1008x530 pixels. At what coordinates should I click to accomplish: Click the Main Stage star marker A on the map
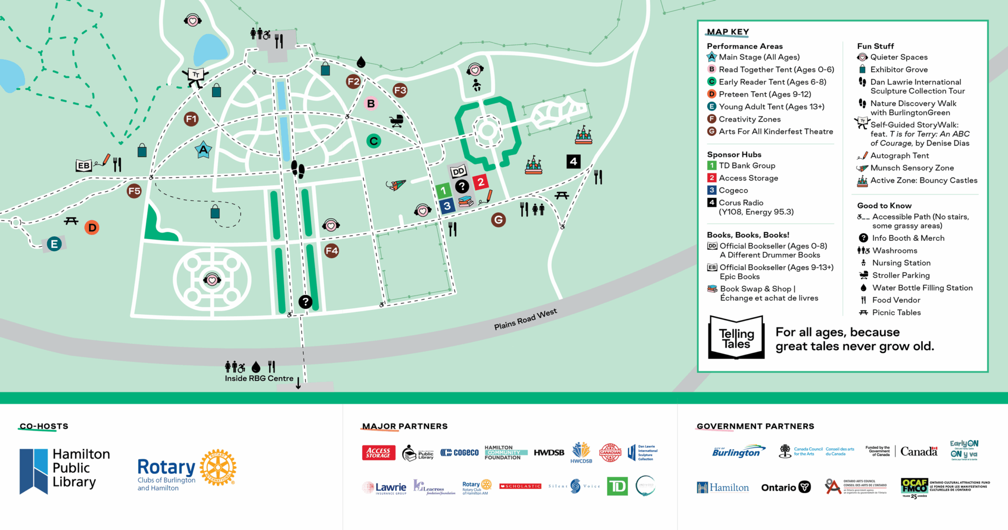[x=203, y=150]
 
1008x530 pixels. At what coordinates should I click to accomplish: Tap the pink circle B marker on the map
[x=371, y=103]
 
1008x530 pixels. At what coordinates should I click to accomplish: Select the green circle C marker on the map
[x=374, y=141]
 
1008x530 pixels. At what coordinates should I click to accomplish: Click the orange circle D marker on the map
[x=92, y=228]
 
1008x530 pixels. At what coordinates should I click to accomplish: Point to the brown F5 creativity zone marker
[x=134, y=191]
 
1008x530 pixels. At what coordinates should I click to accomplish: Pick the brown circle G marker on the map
[x=498, y=220]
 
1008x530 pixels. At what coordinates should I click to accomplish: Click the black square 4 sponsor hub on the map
[x=573, y=161]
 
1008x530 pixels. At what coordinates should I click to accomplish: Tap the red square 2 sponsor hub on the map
[x=480, y=182]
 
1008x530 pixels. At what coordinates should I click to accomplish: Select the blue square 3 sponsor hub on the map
[x=446, y=205]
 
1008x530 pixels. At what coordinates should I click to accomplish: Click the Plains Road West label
[x=525, y=319]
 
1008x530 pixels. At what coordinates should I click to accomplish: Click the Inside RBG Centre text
[x=259, y=378]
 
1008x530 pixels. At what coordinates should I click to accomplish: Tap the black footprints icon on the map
[x=298, y=169]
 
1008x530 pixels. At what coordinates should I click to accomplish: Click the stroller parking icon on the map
[x=396, y=120]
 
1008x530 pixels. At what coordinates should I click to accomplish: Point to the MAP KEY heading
[x=727, y=32]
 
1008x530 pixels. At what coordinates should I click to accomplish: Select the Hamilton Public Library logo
[x=64, y=470]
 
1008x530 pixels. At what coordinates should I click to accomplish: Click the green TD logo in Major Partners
[x=617, y=487]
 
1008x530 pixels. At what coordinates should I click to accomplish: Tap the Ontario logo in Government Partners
[x=786, y=487]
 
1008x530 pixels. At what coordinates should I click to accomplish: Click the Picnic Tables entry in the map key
[x=896, y=312]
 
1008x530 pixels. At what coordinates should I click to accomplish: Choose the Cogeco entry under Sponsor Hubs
[x=733, y=190]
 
